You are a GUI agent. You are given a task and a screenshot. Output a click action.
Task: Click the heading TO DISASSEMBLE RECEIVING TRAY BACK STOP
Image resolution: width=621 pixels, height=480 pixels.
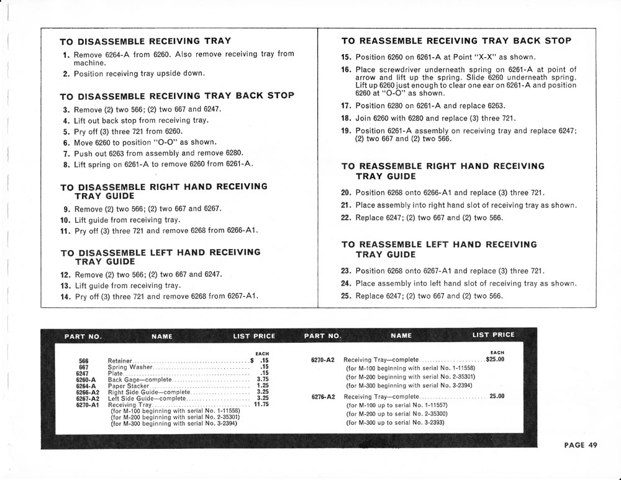pos(177,96)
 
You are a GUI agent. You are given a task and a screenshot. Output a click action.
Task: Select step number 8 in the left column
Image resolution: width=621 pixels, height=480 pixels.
pos(66,165)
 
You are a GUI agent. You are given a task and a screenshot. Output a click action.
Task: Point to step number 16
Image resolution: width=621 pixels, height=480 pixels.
pos(347,70)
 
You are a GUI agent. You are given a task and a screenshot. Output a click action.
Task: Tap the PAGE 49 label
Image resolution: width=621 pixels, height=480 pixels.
pos(581,445)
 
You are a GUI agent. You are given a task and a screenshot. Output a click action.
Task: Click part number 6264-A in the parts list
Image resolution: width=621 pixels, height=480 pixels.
pos(86,386)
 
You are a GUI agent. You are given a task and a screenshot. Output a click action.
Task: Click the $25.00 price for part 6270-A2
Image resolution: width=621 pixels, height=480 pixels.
pos(495,359)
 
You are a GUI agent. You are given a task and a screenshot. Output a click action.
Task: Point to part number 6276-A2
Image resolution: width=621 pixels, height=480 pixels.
pos(322,397)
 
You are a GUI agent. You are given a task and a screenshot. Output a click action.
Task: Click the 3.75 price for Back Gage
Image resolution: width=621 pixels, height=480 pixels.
pos(263,379)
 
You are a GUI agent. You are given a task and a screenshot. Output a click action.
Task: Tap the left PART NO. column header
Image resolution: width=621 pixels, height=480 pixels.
pos(83,337)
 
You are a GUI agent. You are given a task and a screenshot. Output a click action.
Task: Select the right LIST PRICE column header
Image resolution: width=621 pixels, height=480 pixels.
pos(493,335)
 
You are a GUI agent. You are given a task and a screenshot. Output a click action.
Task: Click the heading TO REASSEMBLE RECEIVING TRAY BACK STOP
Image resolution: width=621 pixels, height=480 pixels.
pos(456,41)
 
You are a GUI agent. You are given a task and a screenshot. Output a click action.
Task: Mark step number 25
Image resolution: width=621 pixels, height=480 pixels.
pos(347,296)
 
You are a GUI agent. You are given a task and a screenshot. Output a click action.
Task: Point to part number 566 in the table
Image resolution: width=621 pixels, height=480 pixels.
pos(84,361)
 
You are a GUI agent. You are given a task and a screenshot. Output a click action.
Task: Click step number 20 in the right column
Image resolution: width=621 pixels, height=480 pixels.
pos(347,192)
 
